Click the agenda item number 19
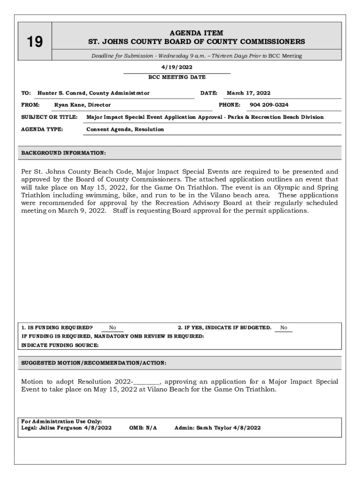click(35, 43)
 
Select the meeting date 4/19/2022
click(177, 67)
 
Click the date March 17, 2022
click(248, 93)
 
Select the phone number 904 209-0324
click(269, 105)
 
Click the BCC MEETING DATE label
click(177, 77)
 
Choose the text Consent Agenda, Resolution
click(125, 129)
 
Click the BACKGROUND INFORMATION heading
click(64, 153)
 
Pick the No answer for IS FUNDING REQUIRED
click(113, 328)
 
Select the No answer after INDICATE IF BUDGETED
click(284, 328)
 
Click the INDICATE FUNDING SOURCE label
click(60, 345)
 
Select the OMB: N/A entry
click(143, 428)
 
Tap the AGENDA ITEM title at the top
click(196, 33)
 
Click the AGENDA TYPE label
click(43, 129)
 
